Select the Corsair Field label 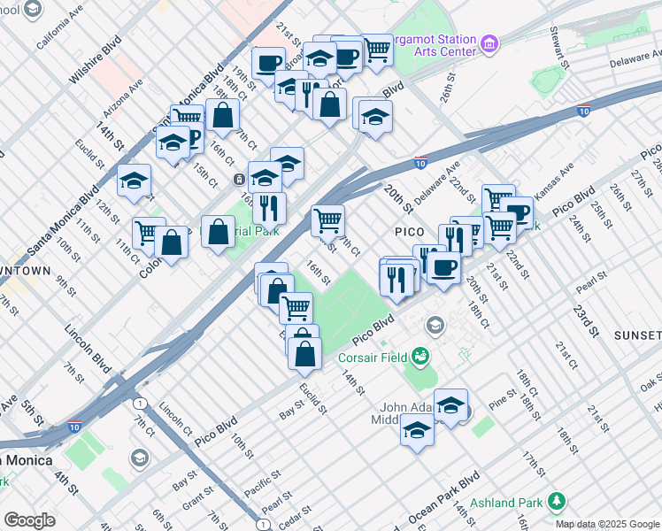(372, 358)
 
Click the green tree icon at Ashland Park (557, 502)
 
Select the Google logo (29, 520)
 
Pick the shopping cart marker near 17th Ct (327, 219)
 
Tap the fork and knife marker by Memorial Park (269, 208)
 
